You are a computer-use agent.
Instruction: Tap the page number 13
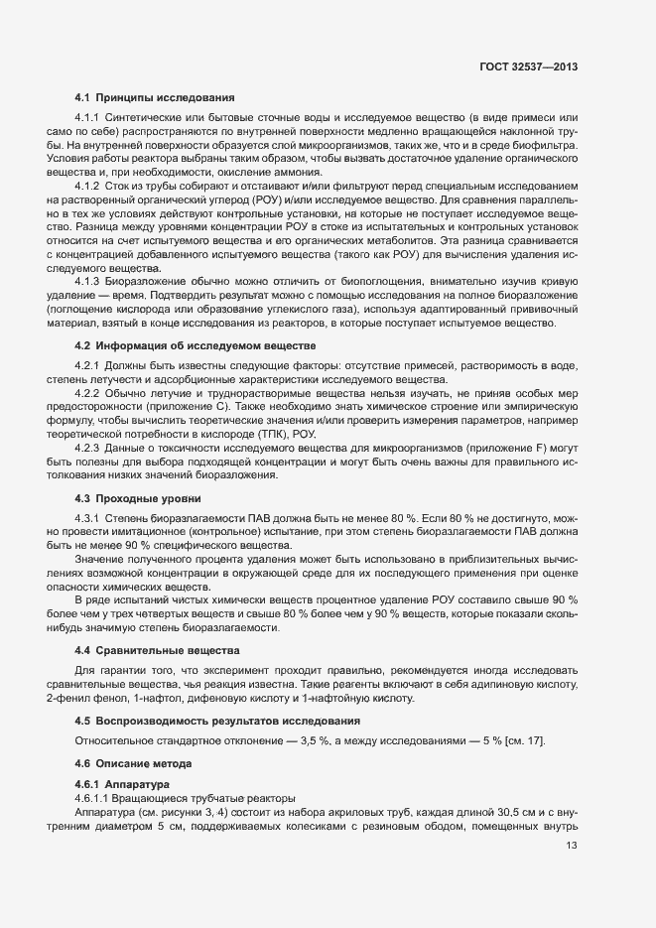click(571, 846)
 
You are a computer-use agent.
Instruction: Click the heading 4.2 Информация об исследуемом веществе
click(196, 345)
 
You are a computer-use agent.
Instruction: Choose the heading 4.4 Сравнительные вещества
click(158, 650)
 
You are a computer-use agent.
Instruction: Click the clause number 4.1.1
click(88, 119)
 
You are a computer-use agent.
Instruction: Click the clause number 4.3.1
click(88, 519)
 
